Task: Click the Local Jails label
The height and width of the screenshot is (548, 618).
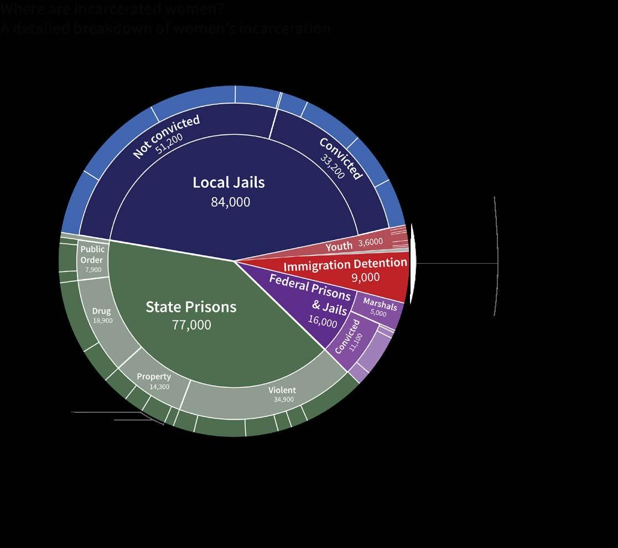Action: coord(228,182)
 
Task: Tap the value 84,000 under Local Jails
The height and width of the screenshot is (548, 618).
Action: coord(230,202)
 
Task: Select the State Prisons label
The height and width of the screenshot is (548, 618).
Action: coord(191,306)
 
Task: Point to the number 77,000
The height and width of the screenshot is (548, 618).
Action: coord(191,325)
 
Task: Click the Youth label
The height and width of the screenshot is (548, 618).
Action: coord(339,247)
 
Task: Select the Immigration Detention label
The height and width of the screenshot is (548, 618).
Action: coord(345,264)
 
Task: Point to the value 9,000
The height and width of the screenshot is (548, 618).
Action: coord(366,277)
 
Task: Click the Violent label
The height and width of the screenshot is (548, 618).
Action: coord(282,390)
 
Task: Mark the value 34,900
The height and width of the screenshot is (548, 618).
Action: coord(283,399)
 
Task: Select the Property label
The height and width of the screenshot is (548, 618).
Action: coord(153,377)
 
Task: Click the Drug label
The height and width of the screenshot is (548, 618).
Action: coord(101,311)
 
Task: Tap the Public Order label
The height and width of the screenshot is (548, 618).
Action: coord(92,254)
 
